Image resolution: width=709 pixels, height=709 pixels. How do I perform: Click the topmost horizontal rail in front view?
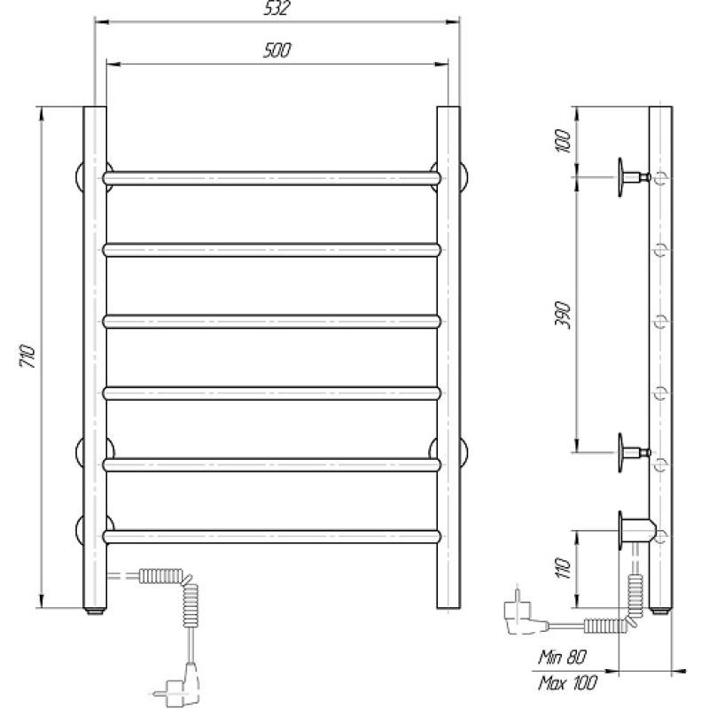272,177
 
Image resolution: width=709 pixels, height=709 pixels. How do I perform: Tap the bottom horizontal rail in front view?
272,535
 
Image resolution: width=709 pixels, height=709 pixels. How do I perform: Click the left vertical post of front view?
95,354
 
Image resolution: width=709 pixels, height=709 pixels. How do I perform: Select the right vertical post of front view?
448,354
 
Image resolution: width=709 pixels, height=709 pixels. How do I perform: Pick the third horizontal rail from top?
272,321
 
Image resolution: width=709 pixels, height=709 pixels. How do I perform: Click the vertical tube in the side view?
660,354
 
